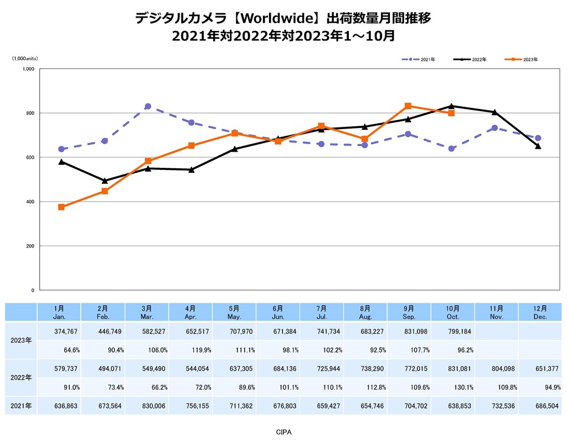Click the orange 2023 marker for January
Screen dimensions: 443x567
coord(61,207)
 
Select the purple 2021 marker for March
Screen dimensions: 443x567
coord(148,106)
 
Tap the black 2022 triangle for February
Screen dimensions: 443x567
coord(105,181)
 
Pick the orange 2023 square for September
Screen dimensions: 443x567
coord(408,106)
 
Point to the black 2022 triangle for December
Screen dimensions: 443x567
coord(538,146)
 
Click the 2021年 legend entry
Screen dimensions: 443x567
coord(420,59)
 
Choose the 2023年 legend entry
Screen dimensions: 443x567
coord(523,59)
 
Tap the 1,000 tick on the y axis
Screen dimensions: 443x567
coord(29,69)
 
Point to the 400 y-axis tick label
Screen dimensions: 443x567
coord(30,202)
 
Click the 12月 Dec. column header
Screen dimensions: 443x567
coord(540,312)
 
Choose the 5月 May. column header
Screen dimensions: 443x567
coord(234,312)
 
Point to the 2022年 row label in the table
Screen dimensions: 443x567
coord(21,378)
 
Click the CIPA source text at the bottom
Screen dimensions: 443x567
coord(283,430)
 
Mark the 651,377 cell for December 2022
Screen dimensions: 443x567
coord(540,368)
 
